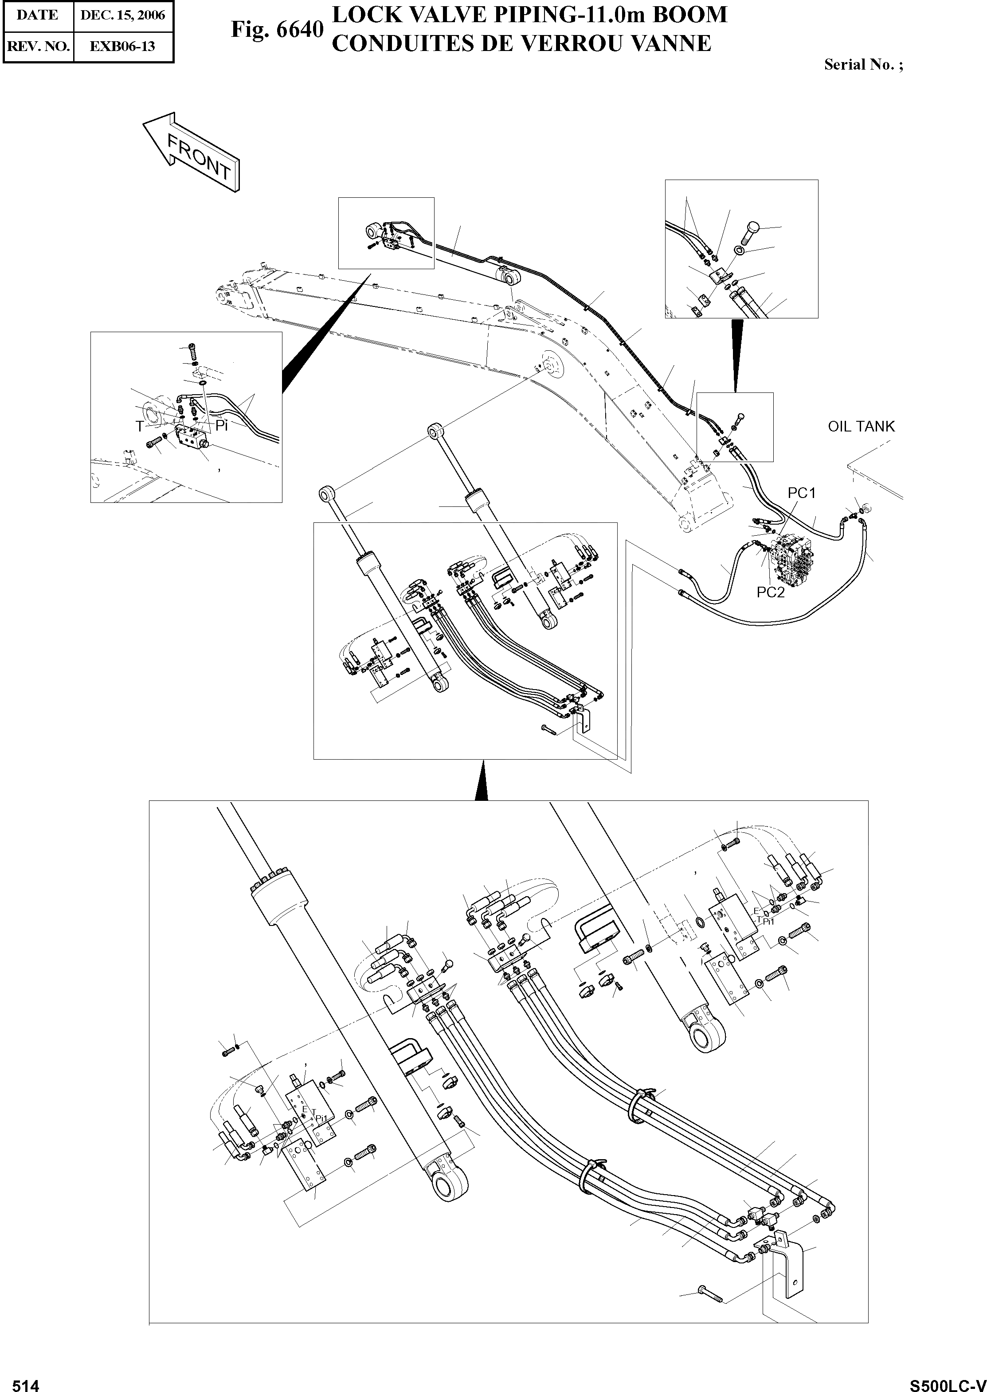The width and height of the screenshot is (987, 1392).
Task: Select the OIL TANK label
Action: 861,427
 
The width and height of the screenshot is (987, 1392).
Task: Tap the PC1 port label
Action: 802,493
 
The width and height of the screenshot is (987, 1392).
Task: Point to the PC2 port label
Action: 771,592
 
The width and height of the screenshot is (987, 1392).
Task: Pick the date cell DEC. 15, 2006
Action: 123,15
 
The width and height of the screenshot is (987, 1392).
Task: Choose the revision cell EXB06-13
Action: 123,46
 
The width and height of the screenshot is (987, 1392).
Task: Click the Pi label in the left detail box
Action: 221,426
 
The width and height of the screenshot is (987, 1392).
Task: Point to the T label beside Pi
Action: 140,427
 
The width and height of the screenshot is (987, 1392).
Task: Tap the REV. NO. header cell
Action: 38,46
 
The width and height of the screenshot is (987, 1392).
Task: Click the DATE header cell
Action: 38,15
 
